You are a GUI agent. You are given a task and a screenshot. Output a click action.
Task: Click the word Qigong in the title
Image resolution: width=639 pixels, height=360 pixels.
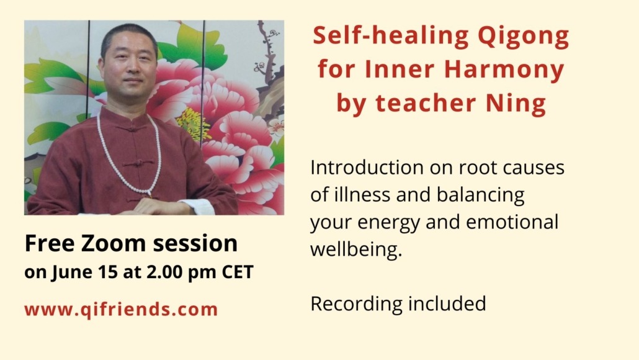523,37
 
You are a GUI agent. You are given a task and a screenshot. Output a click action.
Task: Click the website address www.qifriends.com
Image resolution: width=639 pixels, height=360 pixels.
121,310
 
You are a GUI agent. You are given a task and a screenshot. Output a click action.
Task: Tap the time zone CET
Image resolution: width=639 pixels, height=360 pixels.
238,272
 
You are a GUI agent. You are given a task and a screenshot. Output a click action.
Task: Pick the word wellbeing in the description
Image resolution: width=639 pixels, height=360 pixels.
356,250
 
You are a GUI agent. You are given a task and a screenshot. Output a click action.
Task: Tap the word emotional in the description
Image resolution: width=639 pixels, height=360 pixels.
512,222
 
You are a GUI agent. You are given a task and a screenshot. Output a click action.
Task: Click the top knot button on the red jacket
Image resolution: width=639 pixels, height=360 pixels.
132,128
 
